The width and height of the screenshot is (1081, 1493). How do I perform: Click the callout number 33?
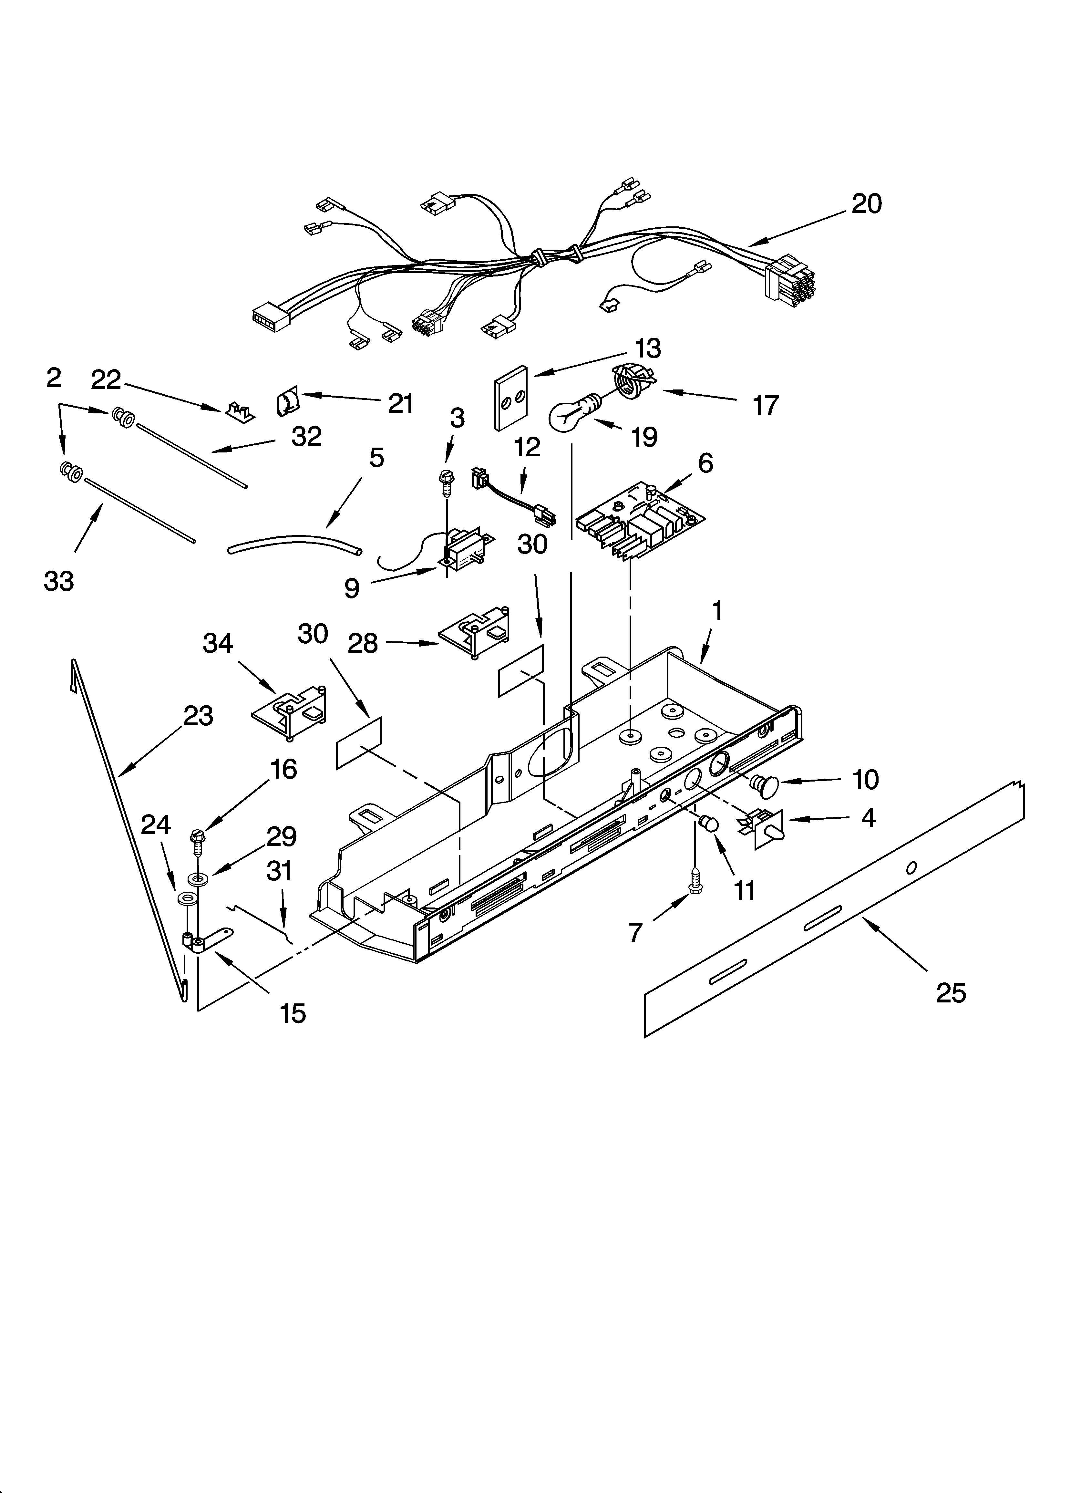tap(58, 581)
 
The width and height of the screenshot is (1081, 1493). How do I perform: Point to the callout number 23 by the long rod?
tap(198, 716)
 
